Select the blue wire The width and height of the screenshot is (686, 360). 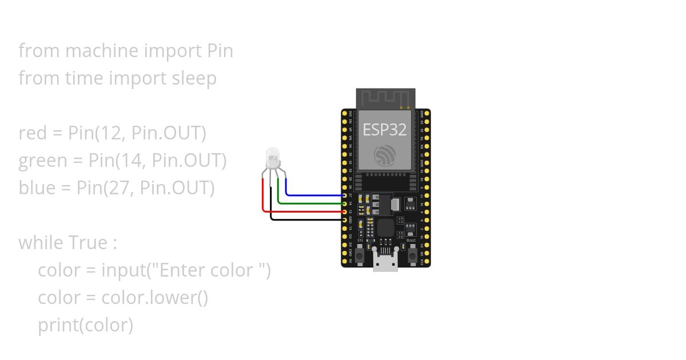[x=314, y=195]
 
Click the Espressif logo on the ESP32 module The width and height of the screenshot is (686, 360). [x=385, y=155]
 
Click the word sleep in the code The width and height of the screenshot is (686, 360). [x=194, y=78]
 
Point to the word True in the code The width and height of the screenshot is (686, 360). [x=88, y=243]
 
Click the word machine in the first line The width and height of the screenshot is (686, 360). [x=102, y=51]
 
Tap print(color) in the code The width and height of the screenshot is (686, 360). [x=85, y=325]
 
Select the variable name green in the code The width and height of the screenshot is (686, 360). [x=43, y=161]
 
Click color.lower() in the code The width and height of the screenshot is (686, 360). [x=154, y=298]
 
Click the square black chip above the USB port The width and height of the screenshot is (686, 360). [x=386, y=228]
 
